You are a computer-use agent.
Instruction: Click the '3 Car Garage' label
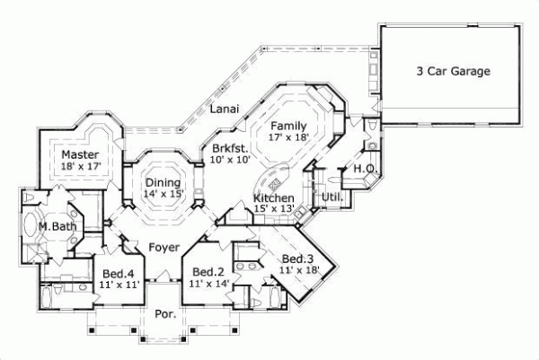tap(453, 71)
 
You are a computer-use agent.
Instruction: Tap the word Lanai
tap(224, 109)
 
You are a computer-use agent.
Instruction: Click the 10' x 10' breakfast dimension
tap(230, 160)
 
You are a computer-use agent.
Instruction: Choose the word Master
tap(80, 154)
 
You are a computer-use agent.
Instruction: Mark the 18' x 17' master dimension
tap(80, 166)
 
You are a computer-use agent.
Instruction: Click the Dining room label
tap(163, 182)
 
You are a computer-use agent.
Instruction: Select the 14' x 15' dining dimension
tap(163, 194)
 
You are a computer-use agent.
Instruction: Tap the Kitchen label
tap(273, 198)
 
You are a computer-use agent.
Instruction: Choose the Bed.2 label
tap(208, 272)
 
